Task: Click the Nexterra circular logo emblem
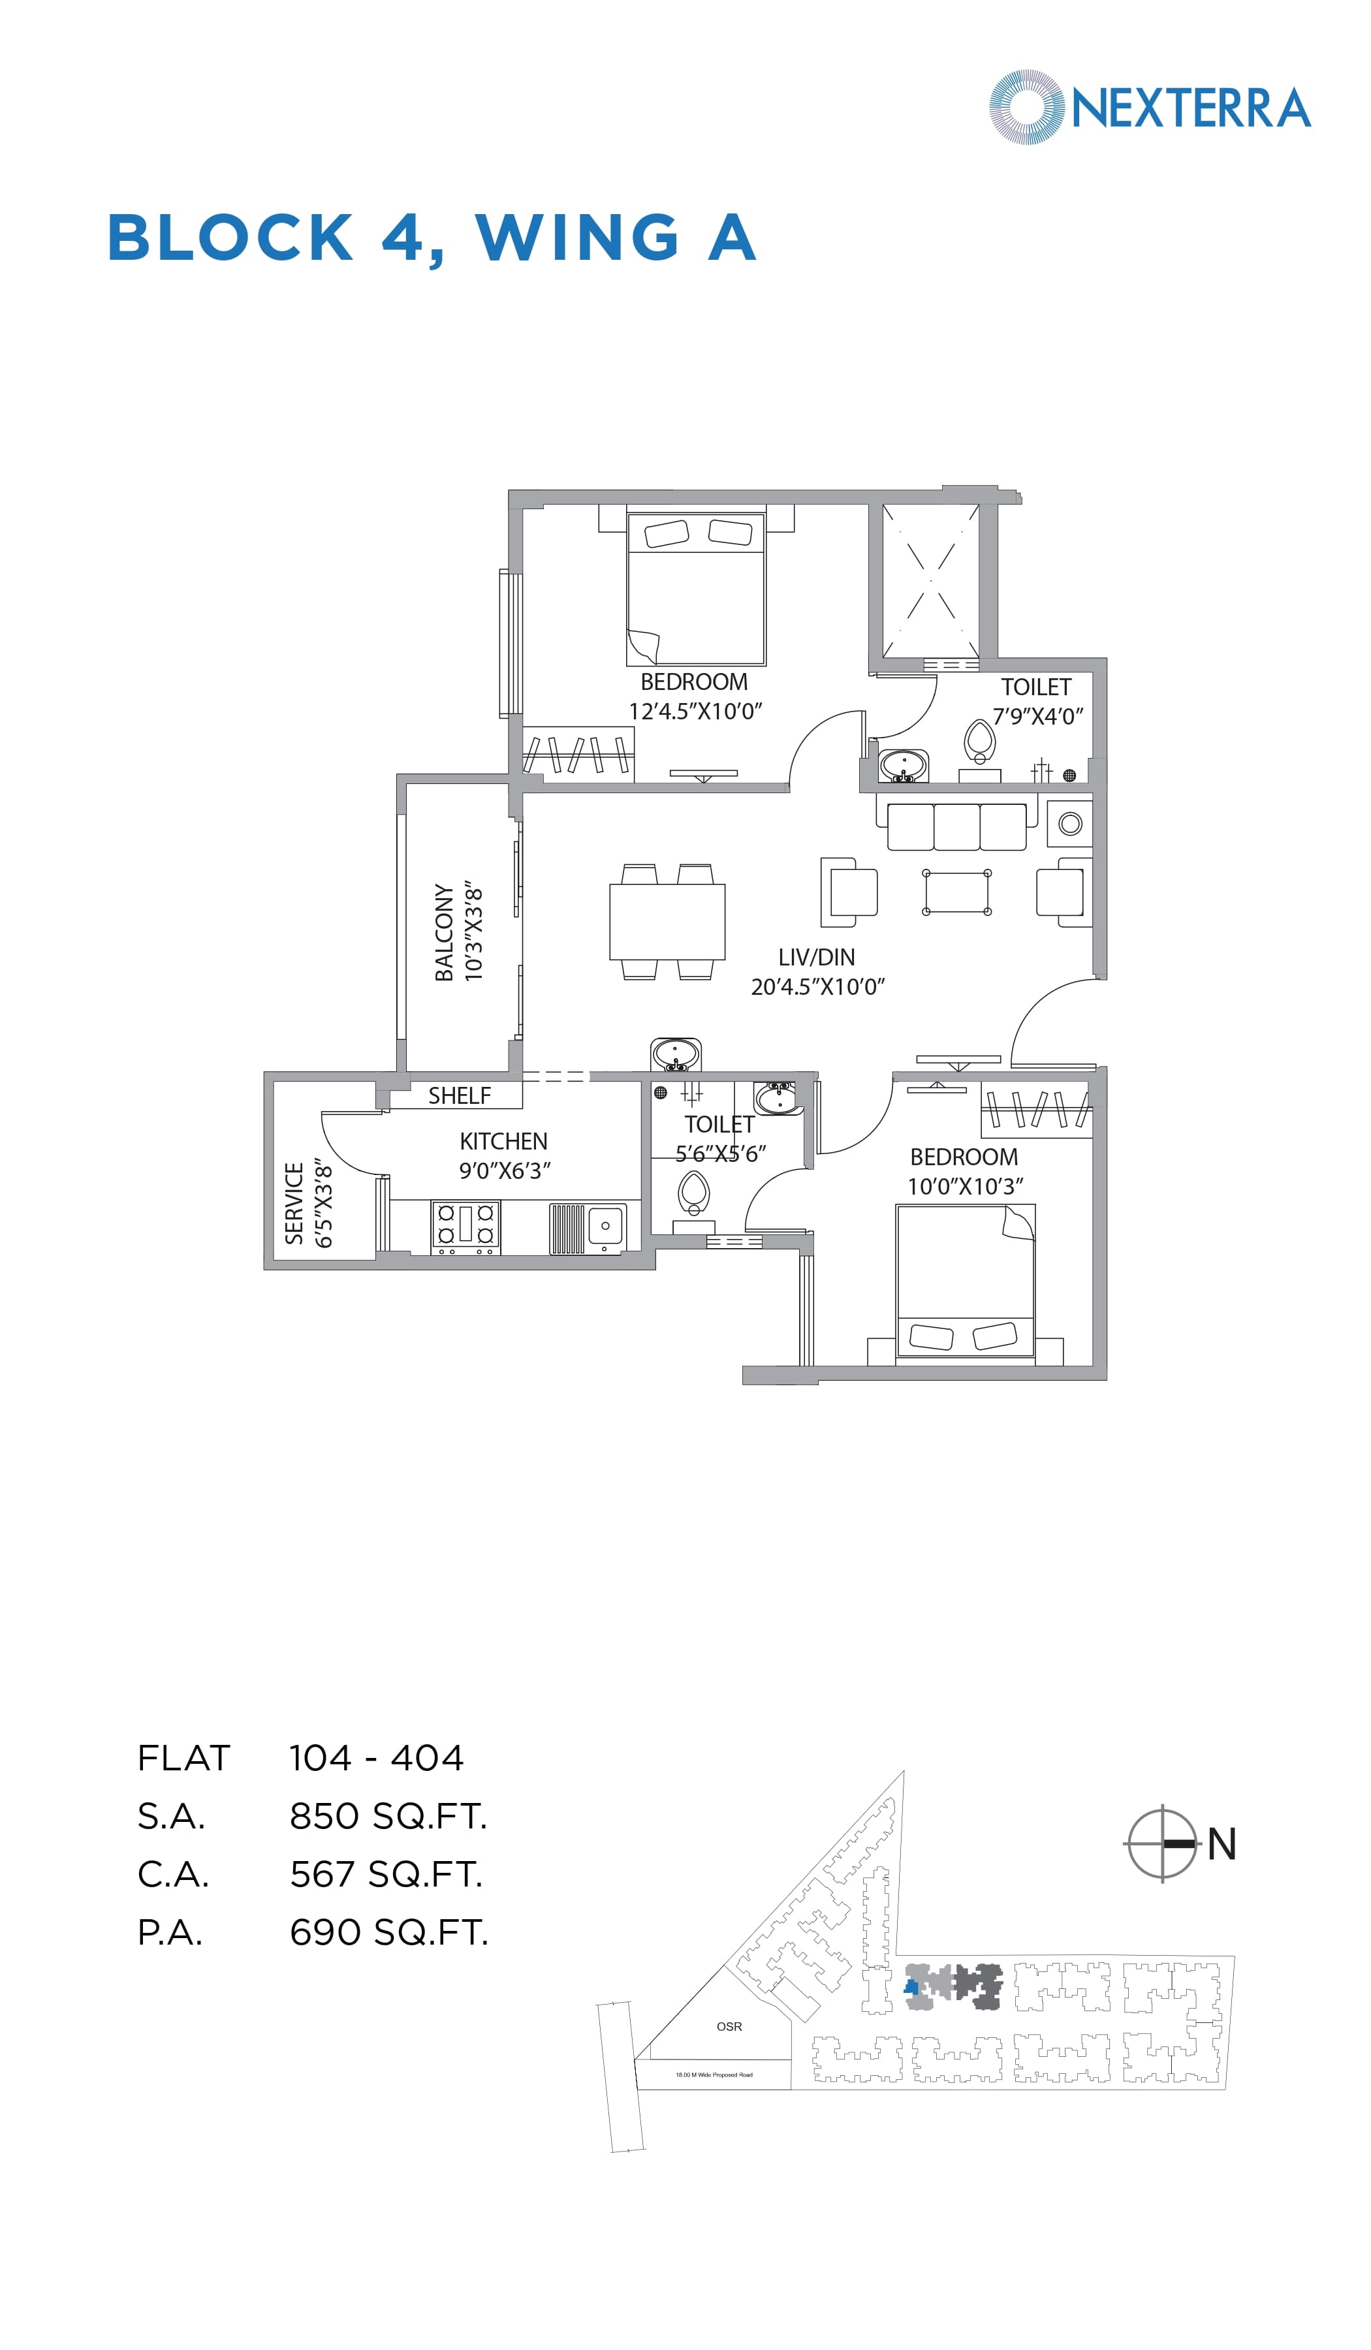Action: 1025,107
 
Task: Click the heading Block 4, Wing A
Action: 431,238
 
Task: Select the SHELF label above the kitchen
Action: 459,1096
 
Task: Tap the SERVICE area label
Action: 294,1203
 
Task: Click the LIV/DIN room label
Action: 816,957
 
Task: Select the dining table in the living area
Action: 667,921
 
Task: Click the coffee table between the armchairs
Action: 956,892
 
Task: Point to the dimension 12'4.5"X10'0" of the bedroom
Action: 695,712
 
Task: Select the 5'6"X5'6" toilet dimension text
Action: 720,1153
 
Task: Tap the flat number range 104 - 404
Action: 376,1758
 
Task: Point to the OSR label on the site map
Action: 729,2026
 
